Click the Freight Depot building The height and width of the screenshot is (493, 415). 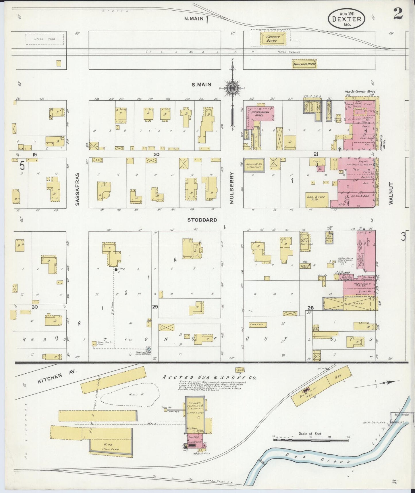273,39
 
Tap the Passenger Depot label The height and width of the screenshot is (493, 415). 304,65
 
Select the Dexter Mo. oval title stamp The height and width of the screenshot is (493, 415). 347,19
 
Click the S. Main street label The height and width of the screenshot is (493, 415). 202,85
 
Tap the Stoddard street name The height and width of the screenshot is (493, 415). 202,220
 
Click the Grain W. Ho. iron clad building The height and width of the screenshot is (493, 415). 254,165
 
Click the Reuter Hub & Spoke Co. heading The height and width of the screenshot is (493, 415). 209,378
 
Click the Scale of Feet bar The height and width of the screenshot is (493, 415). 311,440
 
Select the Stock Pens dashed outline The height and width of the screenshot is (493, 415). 45,39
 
